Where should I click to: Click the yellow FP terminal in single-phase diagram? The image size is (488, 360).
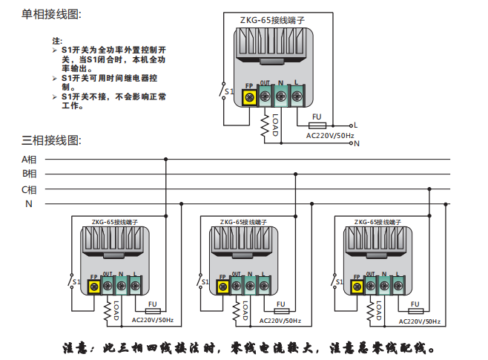(249, 96)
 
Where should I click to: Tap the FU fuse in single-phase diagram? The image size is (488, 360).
(317, 125)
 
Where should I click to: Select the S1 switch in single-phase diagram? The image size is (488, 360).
(225, 92)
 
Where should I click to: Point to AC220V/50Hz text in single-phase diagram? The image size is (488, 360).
(330, 135)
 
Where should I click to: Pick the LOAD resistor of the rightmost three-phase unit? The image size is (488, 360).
(370, 308)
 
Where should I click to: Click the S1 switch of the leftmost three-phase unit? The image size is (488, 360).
(73, 282)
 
